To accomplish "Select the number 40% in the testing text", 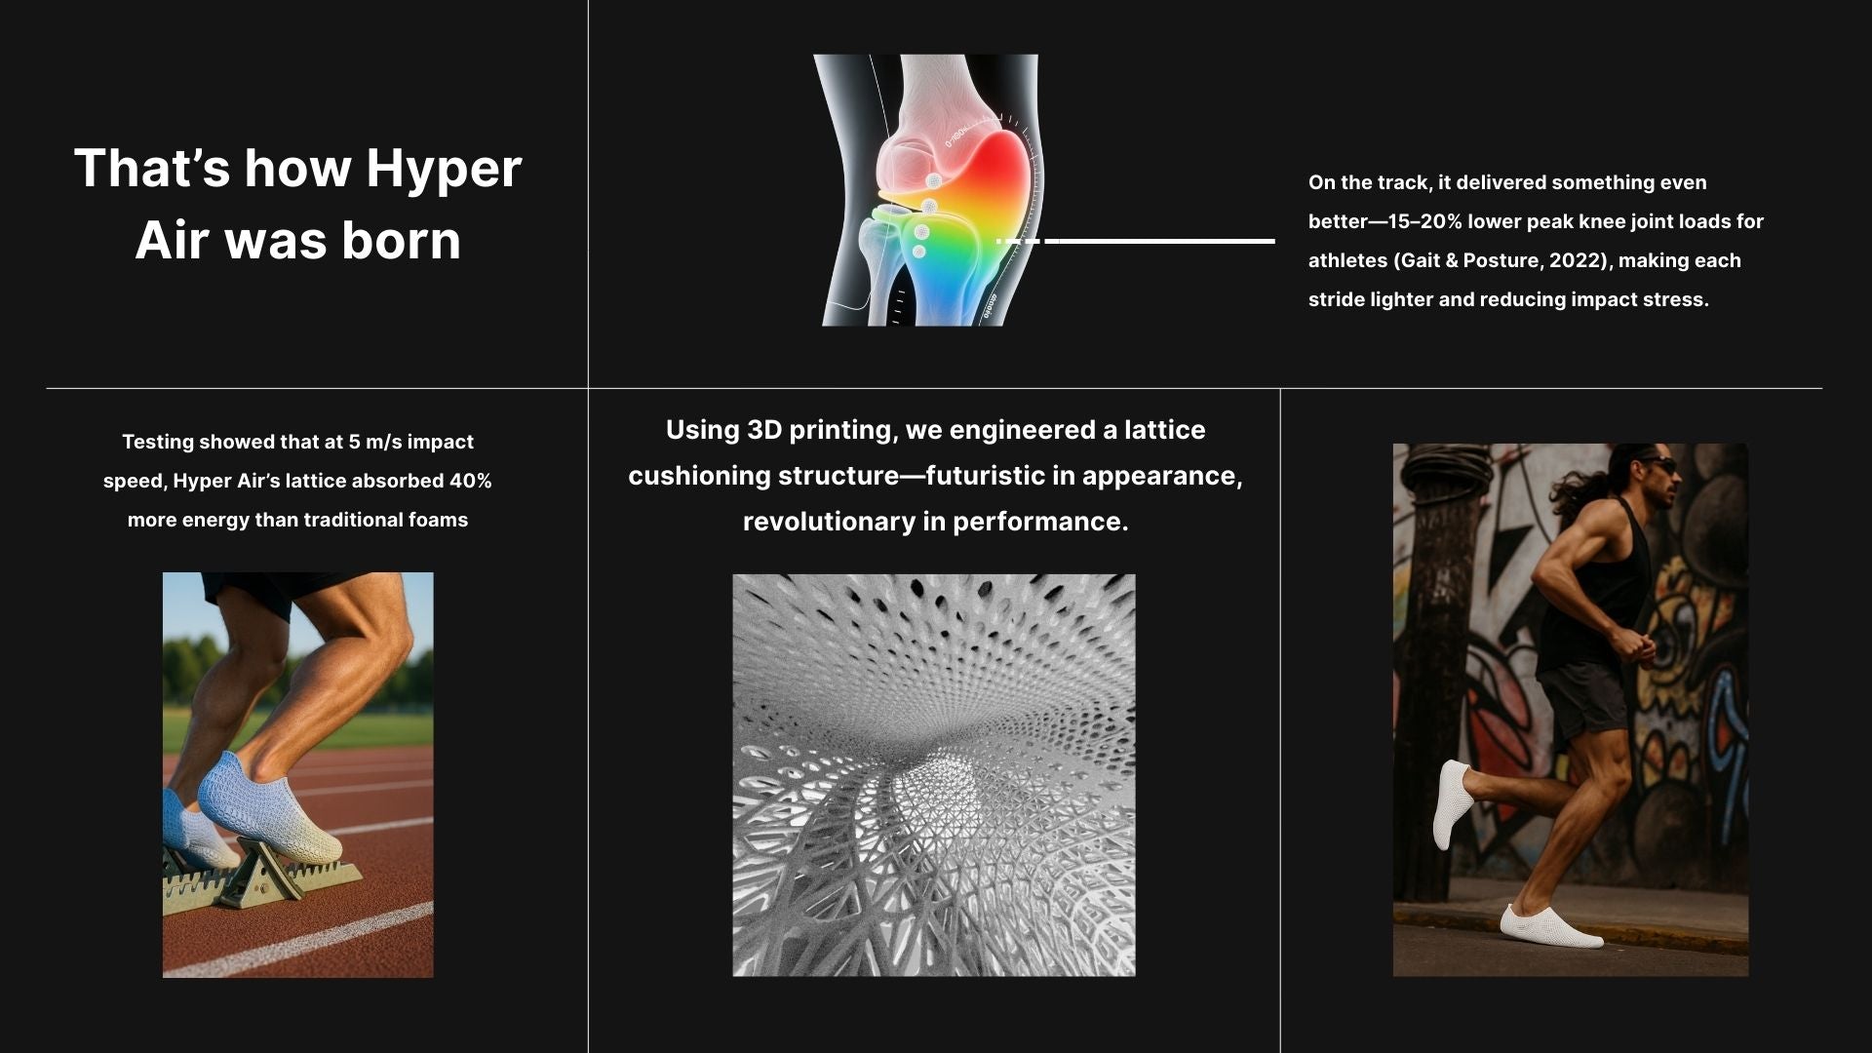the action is pos(470,481).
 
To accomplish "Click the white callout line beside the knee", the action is pos(1135,241).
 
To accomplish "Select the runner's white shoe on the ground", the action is pos(1550,926).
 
